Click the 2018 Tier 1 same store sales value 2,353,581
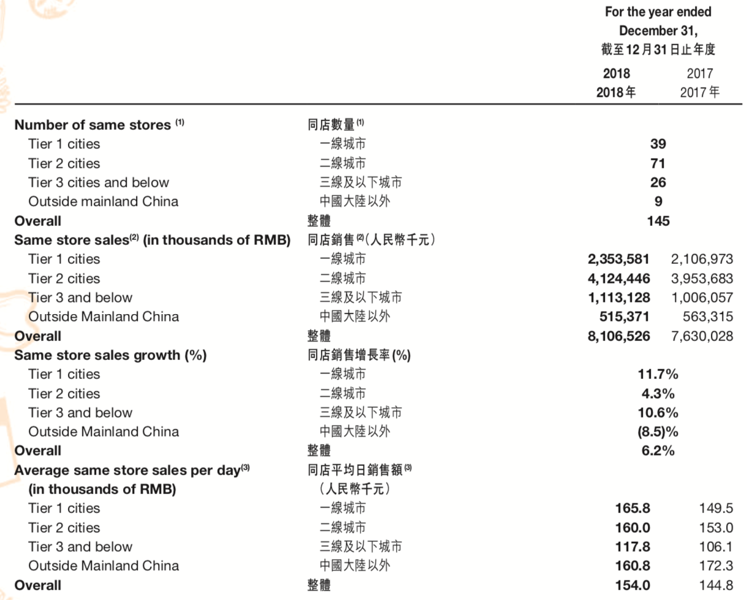click(618, 259)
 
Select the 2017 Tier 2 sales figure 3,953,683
click(702, 279)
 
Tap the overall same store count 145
click(658, 221)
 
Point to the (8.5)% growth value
click(658, 432)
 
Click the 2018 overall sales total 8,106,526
click(618, 336)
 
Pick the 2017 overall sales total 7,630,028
click(702, 336)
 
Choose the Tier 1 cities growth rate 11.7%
click(658, 374)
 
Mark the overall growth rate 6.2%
click(658, 451)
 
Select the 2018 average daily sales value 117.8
click(633, 547)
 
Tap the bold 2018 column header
click(617, 73)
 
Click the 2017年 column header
click(699, 92)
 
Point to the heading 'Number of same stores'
click(92, 125)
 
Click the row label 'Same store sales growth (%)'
click(110, 355)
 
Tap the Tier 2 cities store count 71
click(658, 163)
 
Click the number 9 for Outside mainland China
click(658, 201)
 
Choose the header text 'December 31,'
click(658, 31)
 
